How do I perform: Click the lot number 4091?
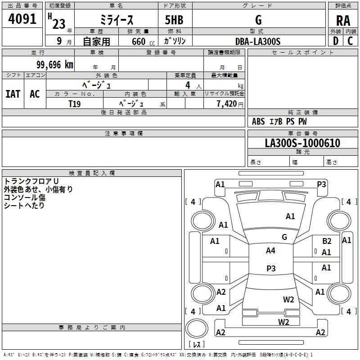click(x=22, y=18)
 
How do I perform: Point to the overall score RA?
click(x=343, y=20)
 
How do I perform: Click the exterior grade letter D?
click(x=335, y=40)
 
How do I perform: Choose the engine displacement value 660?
click(x=138, y=41)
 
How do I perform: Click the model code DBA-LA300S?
click(x=257, y=41)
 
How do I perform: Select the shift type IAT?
click(x=13, y=94)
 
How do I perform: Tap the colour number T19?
click(x=74, y=103)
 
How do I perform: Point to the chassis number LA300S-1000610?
click(x=302, y=143)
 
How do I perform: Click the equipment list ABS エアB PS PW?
click(x=279, y=121)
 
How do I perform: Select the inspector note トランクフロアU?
click(x=28, y=181)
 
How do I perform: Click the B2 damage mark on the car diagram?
click(x=327, y=241)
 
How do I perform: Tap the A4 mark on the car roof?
click(x=270, y=251)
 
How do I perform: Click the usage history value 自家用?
click(x=96, y=41)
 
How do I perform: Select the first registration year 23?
click(x=58, y=23)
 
